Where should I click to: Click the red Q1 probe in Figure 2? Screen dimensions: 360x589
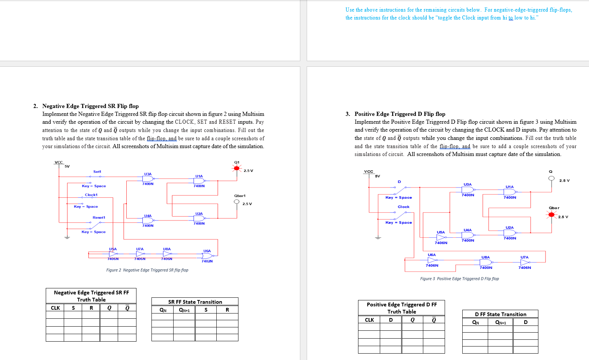[237, 168]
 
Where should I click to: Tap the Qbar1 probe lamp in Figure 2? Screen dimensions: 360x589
[237, 201]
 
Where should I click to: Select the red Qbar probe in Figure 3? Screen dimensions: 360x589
[551, 214]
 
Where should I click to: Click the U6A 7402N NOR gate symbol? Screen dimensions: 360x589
[207, 256]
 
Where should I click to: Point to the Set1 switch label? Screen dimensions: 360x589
[97, 172]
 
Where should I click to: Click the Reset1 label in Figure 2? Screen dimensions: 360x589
[99, 217]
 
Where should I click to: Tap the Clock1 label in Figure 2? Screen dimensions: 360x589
[91, 195]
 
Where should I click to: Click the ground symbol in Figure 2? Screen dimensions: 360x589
[67, 238]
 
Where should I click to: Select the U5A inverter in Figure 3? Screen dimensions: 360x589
[441, 237]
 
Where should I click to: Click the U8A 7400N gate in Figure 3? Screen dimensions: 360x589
[486, 262]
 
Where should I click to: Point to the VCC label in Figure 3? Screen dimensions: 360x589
[369, 171]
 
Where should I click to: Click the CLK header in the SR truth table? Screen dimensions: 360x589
[55, 308]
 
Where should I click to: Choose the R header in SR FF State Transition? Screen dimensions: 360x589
[227, 310]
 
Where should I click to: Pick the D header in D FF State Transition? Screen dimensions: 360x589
[526, 322]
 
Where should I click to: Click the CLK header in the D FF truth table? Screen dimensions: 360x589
[369, 320]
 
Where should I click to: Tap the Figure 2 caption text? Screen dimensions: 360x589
[147, 270]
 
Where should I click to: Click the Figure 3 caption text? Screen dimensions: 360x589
[459, 279]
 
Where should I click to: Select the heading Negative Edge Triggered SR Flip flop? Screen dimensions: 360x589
[90, 106]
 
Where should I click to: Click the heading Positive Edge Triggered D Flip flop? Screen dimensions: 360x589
[400, 114]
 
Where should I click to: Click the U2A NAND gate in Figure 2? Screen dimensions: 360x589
[199, 218]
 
